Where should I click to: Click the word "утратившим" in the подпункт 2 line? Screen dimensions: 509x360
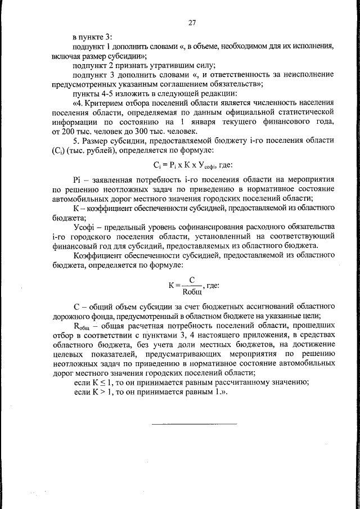click(x=156, y=65)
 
